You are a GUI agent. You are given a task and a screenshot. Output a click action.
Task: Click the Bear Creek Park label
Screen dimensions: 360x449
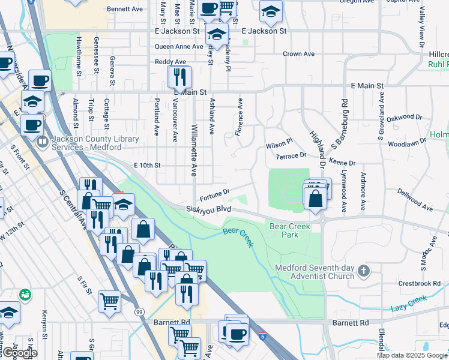[x=284, y=230]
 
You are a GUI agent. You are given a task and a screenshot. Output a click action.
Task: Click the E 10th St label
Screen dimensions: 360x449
[x=148, y=165]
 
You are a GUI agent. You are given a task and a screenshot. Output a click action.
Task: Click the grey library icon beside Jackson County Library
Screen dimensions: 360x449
[x=43, y=143]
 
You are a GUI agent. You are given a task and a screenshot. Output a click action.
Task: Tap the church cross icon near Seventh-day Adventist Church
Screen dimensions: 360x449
[x=363, y=272]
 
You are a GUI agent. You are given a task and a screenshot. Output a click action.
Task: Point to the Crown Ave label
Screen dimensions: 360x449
[x=299, y=54]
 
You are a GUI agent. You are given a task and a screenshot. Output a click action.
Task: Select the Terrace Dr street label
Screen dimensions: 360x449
[x=291, y=155]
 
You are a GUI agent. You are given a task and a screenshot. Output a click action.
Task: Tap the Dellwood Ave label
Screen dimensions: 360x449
[x=415, y=200]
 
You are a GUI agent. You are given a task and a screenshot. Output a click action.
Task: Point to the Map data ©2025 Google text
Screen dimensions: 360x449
[x=411, y=355]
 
